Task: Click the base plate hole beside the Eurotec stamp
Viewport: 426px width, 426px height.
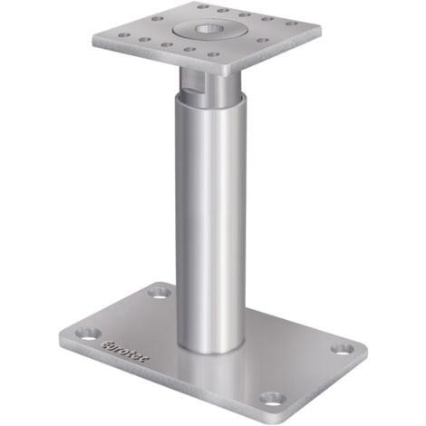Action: pos(83,331)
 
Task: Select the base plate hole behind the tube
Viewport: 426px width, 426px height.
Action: pos(160,292)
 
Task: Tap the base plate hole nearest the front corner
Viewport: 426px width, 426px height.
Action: pos(271,397)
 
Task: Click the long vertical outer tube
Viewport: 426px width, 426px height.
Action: pos(210,227)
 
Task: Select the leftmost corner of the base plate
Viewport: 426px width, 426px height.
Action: pos(63,335)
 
